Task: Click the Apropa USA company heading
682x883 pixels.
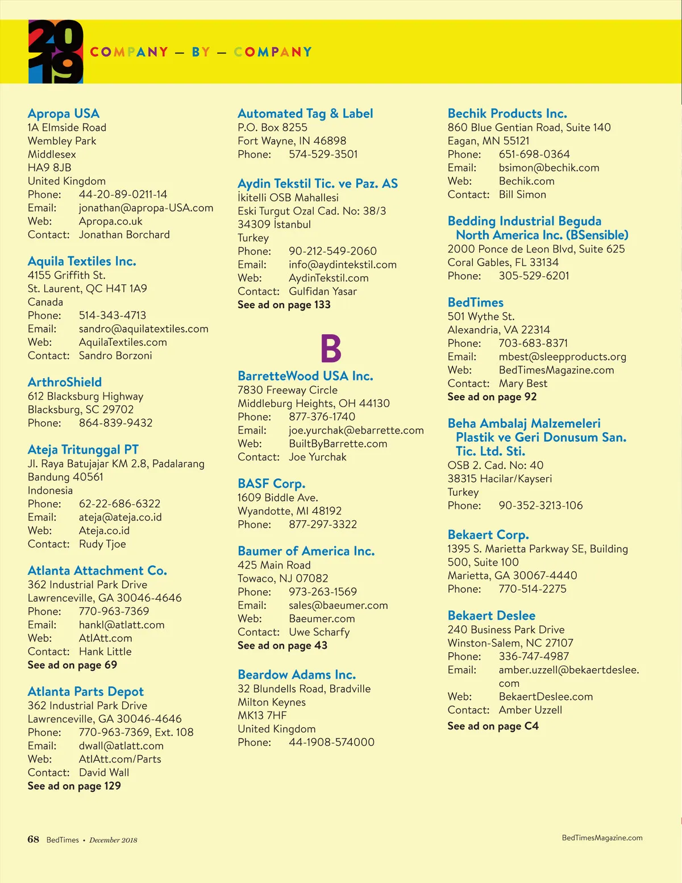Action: coord(64,114)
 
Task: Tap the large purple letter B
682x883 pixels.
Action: coord(331,349)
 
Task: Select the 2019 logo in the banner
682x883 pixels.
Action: coord(56,52)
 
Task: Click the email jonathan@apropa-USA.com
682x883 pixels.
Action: coord(146,208)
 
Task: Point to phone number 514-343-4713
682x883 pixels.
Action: coord(113,316)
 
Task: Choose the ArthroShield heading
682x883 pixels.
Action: coord(65,382)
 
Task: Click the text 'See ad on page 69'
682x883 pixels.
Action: coord(72,665)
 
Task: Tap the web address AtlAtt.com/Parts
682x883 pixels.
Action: coord(120,759)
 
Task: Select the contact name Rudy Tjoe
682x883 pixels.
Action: coord(102,544)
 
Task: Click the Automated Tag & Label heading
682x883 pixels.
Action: coord(305,114)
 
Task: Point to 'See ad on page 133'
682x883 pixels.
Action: coord(284,305)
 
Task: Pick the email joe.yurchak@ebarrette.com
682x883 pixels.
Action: coord(356,430)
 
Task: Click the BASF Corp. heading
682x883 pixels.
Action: coord(272,484)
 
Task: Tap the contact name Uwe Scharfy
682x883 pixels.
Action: coord(319,632)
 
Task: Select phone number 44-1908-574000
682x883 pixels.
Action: coord(331,742)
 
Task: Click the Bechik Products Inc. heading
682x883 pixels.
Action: coord(507,114)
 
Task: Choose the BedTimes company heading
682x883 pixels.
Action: coord(476,302)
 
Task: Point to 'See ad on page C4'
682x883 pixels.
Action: coord(493,726)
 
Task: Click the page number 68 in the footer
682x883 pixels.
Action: coord(34,839)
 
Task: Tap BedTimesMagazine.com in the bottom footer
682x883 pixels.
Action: coord(602,838)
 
